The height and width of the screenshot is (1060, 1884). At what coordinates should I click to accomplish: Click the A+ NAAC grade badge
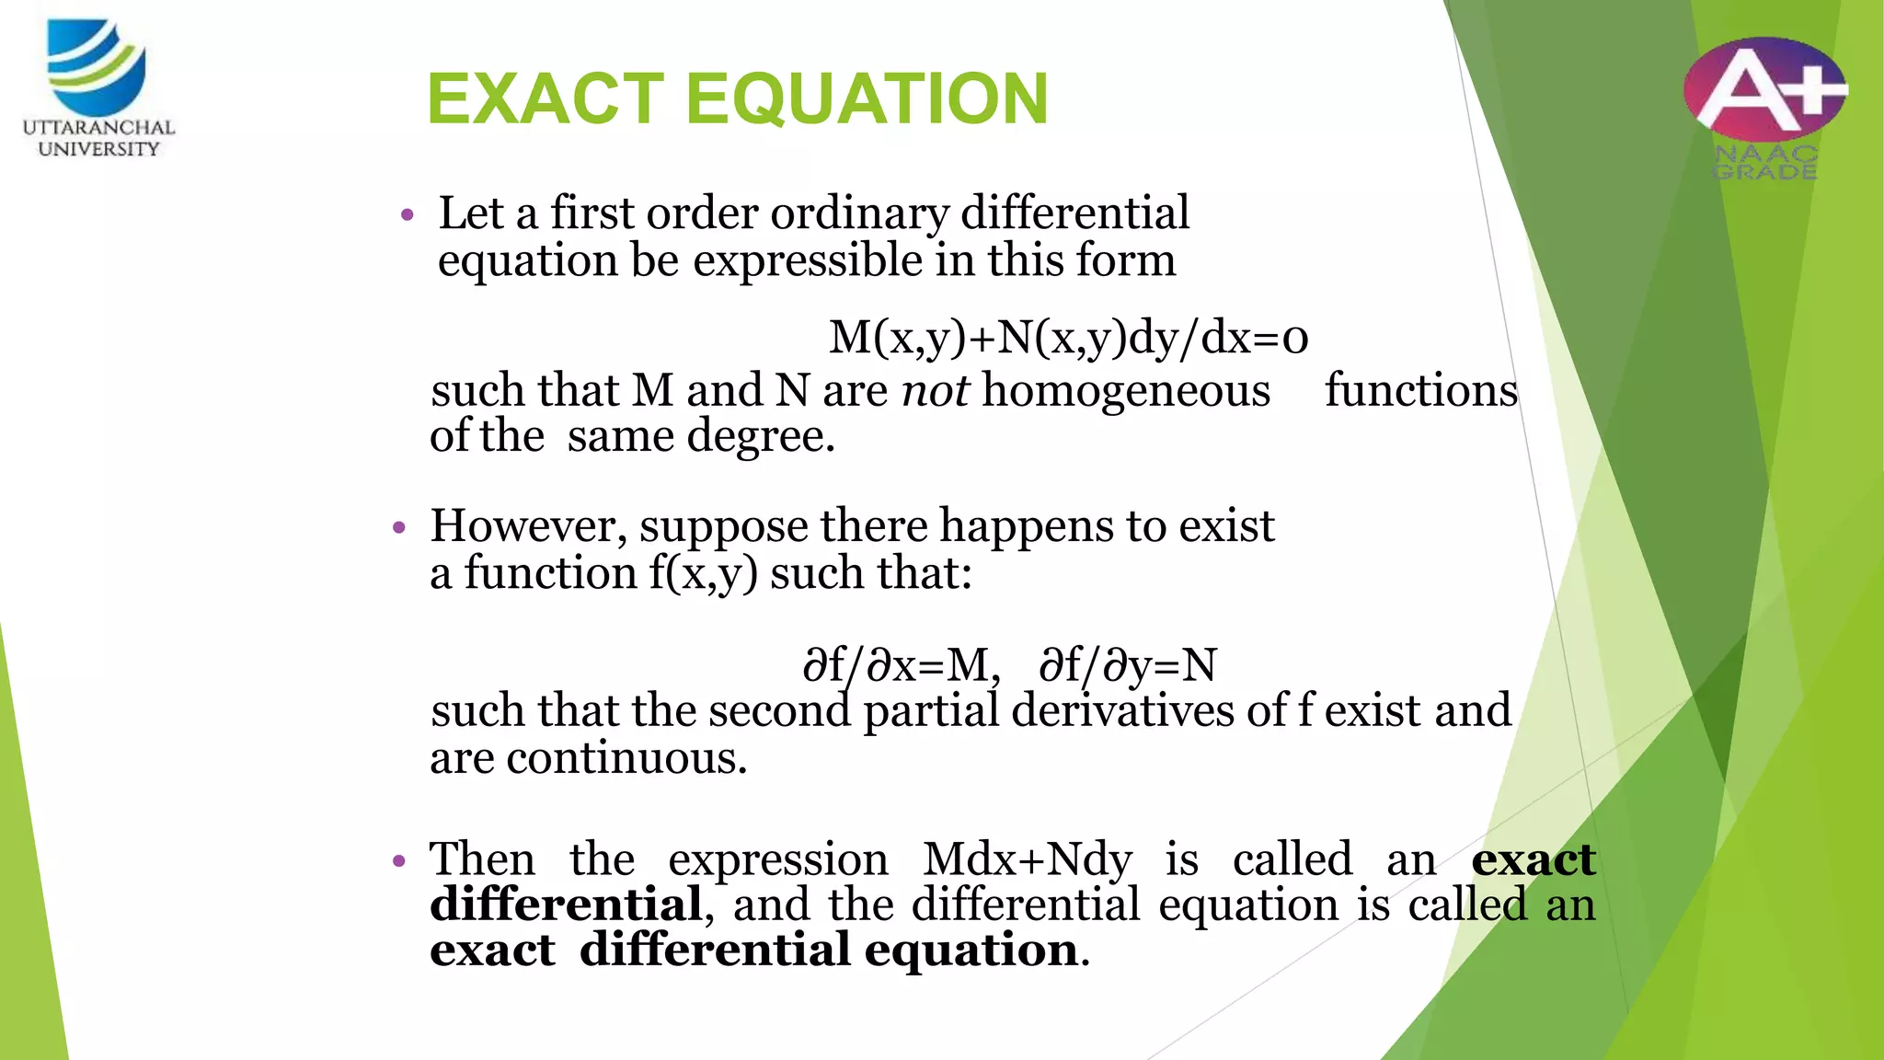(1764, 92)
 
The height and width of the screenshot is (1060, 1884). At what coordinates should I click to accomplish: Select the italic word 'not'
(935, 390)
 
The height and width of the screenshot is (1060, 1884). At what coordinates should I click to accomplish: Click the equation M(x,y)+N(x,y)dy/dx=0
(1068, 338)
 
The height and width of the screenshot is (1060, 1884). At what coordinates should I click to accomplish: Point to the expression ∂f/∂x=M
(901, 664)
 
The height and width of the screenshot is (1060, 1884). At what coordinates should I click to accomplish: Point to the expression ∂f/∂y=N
(1127, 664)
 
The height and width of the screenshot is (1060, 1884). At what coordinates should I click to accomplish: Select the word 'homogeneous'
(1126, 390)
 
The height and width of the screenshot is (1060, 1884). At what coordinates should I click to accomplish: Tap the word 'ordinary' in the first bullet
(859, 213)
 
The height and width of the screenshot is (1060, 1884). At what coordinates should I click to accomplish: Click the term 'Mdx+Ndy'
(1028, 859)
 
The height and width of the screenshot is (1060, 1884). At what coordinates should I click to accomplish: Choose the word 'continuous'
(626, 758)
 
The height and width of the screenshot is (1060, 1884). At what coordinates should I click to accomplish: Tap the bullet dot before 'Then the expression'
(399, 862)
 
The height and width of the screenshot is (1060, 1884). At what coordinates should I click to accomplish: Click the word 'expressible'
(807, 260)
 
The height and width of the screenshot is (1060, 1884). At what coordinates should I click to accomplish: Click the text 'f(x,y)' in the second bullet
(704, 573)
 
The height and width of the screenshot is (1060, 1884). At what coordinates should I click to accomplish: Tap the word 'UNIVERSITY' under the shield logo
(98, 149)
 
